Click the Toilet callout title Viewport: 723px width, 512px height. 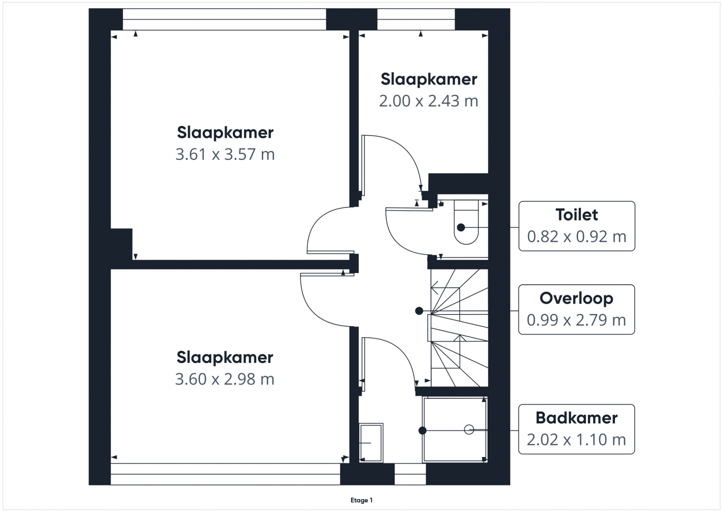(577, 215)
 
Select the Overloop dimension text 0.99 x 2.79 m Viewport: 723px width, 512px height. (577, 320)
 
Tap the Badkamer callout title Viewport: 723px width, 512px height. (577, 418)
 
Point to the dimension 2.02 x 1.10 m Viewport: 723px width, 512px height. (577, 440)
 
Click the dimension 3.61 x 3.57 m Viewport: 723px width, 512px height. (225, 154)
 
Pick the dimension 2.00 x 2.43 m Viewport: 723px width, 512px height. (428, 101)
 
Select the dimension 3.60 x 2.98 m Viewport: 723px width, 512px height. (225, 379)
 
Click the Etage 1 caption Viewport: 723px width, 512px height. (361, 500)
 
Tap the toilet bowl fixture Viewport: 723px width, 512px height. (467, 222)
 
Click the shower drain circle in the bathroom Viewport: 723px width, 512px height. (469, 430)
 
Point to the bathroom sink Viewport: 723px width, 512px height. (371, 442)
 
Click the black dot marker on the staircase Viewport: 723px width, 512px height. (419, 311)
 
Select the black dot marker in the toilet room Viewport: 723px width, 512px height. (461, 227)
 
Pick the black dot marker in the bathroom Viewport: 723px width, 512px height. (422, 431)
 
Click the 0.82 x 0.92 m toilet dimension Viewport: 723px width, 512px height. (577, 237)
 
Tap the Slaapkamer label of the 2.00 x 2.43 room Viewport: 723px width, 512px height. (429, 79)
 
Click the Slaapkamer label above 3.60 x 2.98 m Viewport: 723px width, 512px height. (225, 357)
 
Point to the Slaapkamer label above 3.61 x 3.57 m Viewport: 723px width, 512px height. (225, 133)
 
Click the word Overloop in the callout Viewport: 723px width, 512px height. (577, 298)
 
